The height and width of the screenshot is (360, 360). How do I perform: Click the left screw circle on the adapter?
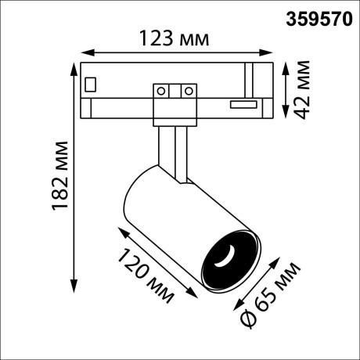tap(163, 91)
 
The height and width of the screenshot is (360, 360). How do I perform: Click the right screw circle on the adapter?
tap(188, 91)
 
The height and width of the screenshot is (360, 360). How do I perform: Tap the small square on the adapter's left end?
tap(92, 82)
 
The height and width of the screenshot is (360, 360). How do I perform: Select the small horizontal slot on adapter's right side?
tap(243, 103)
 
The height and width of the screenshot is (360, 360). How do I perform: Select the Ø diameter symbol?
tap(246, 319)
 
